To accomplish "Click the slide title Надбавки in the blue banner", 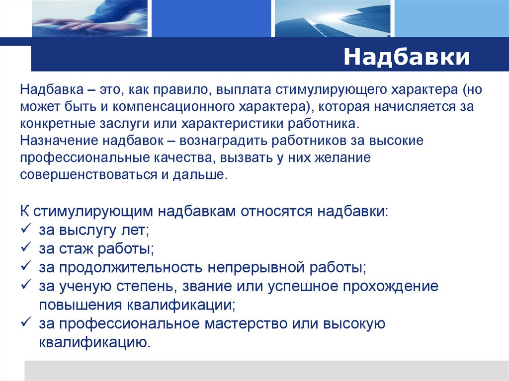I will pos(407,57).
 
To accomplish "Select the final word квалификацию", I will pos(94,342).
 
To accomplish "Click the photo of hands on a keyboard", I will pos(91,18).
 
